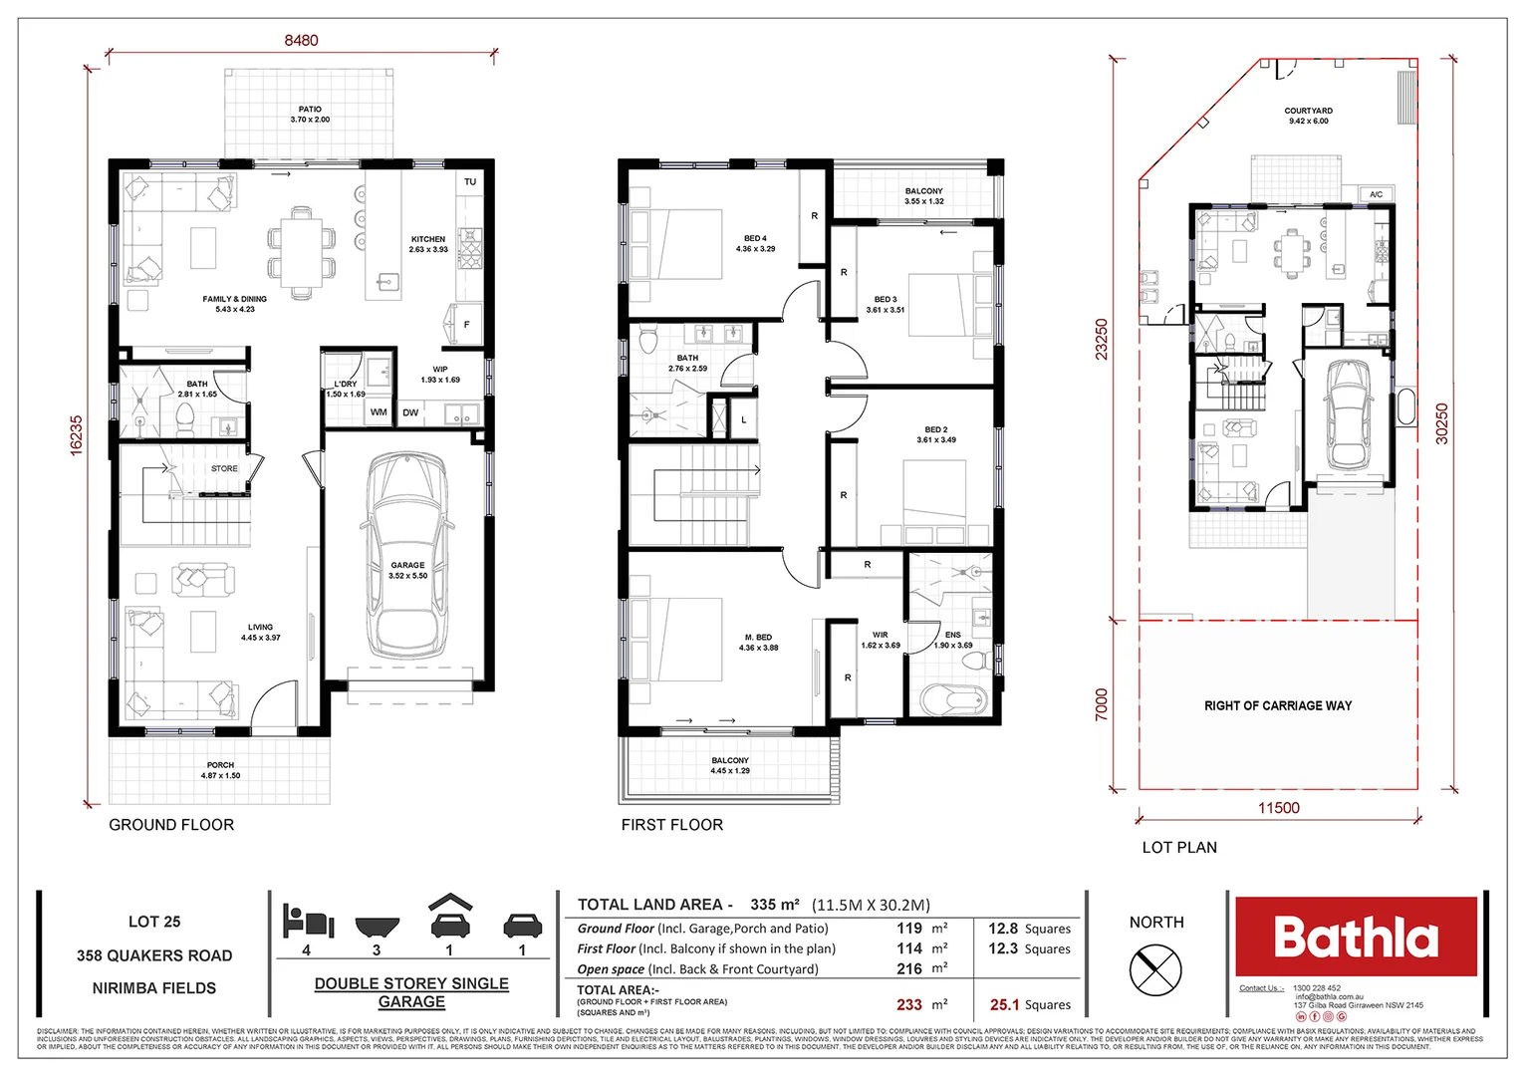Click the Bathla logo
pos(1356,937)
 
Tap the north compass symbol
pos(1155,967)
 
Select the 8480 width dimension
pos(301,40)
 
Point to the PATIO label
pos(310,110)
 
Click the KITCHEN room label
pos(428,239)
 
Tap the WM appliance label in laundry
pos(379,411)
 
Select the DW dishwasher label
pos(410,412)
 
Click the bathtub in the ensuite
pos(952,699)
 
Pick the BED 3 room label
pos(885,299)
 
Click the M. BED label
pos(758,638)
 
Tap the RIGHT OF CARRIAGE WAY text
pos(1278,705)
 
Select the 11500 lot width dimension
pos(1278,808)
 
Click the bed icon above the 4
pos(307,921)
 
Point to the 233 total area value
pos(908,1005)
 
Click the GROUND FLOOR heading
pos(171,825)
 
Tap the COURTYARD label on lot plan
pos(1308,111)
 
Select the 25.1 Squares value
pos(1030,1005)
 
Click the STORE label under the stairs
pos(224,468)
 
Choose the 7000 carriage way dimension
pos(1101,704)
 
